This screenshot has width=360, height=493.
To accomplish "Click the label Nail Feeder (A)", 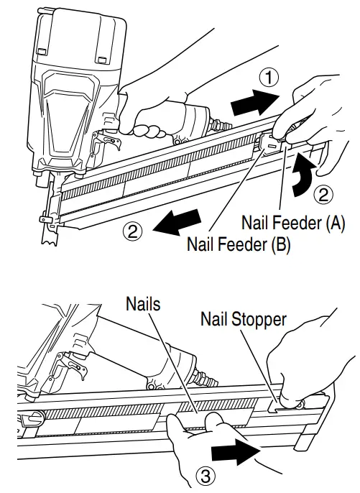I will pos(293,223).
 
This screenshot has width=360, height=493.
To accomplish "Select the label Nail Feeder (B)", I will pos(238,243).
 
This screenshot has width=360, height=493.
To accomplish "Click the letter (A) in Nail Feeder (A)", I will pos(334,223).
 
